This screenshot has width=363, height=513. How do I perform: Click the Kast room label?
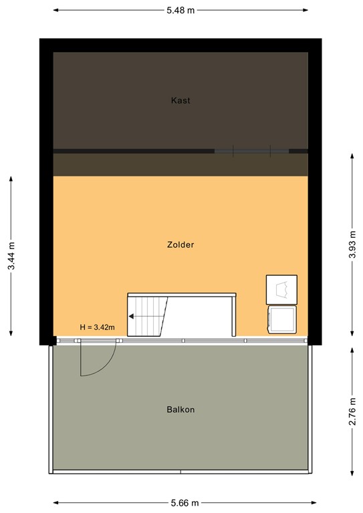180,101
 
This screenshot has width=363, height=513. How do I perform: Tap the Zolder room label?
180,245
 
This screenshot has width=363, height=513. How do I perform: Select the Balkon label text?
180,409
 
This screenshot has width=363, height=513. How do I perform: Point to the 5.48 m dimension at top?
180,11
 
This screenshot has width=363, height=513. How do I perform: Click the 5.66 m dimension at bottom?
180,503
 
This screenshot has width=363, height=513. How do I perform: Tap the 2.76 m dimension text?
352,409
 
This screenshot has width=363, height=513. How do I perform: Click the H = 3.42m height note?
98,327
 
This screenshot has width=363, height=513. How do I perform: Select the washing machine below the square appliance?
281,319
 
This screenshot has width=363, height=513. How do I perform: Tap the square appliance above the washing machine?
281,289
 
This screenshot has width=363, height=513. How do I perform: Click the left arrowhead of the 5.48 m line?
55,11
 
